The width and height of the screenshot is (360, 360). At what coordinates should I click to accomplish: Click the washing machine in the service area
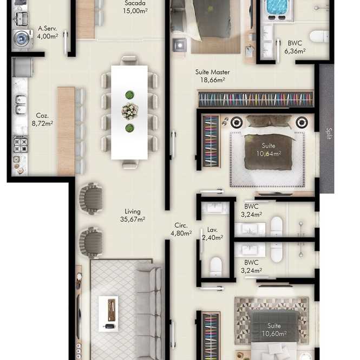pos(23,38)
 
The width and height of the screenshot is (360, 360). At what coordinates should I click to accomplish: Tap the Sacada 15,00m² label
pos(135,7)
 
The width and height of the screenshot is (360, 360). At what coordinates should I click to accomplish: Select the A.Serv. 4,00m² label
pos(48,32)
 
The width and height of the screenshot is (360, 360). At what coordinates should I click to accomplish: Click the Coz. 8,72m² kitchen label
pos(42,120)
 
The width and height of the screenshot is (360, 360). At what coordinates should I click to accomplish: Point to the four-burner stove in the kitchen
pos(21,145)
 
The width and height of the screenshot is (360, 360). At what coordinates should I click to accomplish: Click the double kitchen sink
pos(21,104)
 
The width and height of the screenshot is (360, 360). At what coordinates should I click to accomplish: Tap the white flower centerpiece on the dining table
pos(130,111)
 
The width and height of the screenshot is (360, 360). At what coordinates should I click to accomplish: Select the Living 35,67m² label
pos(133,215)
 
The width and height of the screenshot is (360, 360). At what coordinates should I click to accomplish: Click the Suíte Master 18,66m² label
pos(212,76)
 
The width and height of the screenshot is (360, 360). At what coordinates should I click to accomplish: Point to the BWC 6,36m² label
pos(295,47)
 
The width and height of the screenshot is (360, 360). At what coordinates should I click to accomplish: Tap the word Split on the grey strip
pos(329,134)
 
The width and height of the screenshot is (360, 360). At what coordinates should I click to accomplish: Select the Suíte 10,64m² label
pos(269,150)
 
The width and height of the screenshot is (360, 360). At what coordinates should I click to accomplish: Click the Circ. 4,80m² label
pos(181,229)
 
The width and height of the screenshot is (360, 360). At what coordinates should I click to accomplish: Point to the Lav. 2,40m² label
pos(212,233)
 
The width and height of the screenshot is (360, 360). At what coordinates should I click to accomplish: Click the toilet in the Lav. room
pos(216,267)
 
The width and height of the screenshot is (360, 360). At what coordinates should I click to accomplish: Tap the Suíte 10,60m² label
pos(274,330)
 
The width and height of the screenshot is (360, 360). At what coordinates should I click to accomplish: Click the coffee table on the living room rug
pos(108,313)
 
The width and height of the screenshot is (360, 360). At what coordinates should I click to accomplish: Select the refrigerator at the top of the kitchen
pos(23,67)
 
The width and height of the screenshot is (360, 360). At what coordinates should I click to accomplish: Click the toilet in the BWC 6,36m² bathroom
pos(319,36)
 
